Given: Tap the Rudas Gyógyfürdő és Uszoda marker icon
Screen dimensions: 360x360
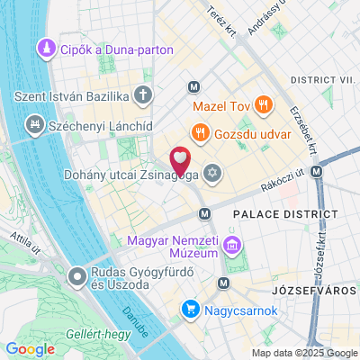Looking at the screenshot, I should point(78,277).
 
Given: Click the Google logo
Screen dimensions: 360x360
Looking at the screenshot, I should point(29,348).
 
